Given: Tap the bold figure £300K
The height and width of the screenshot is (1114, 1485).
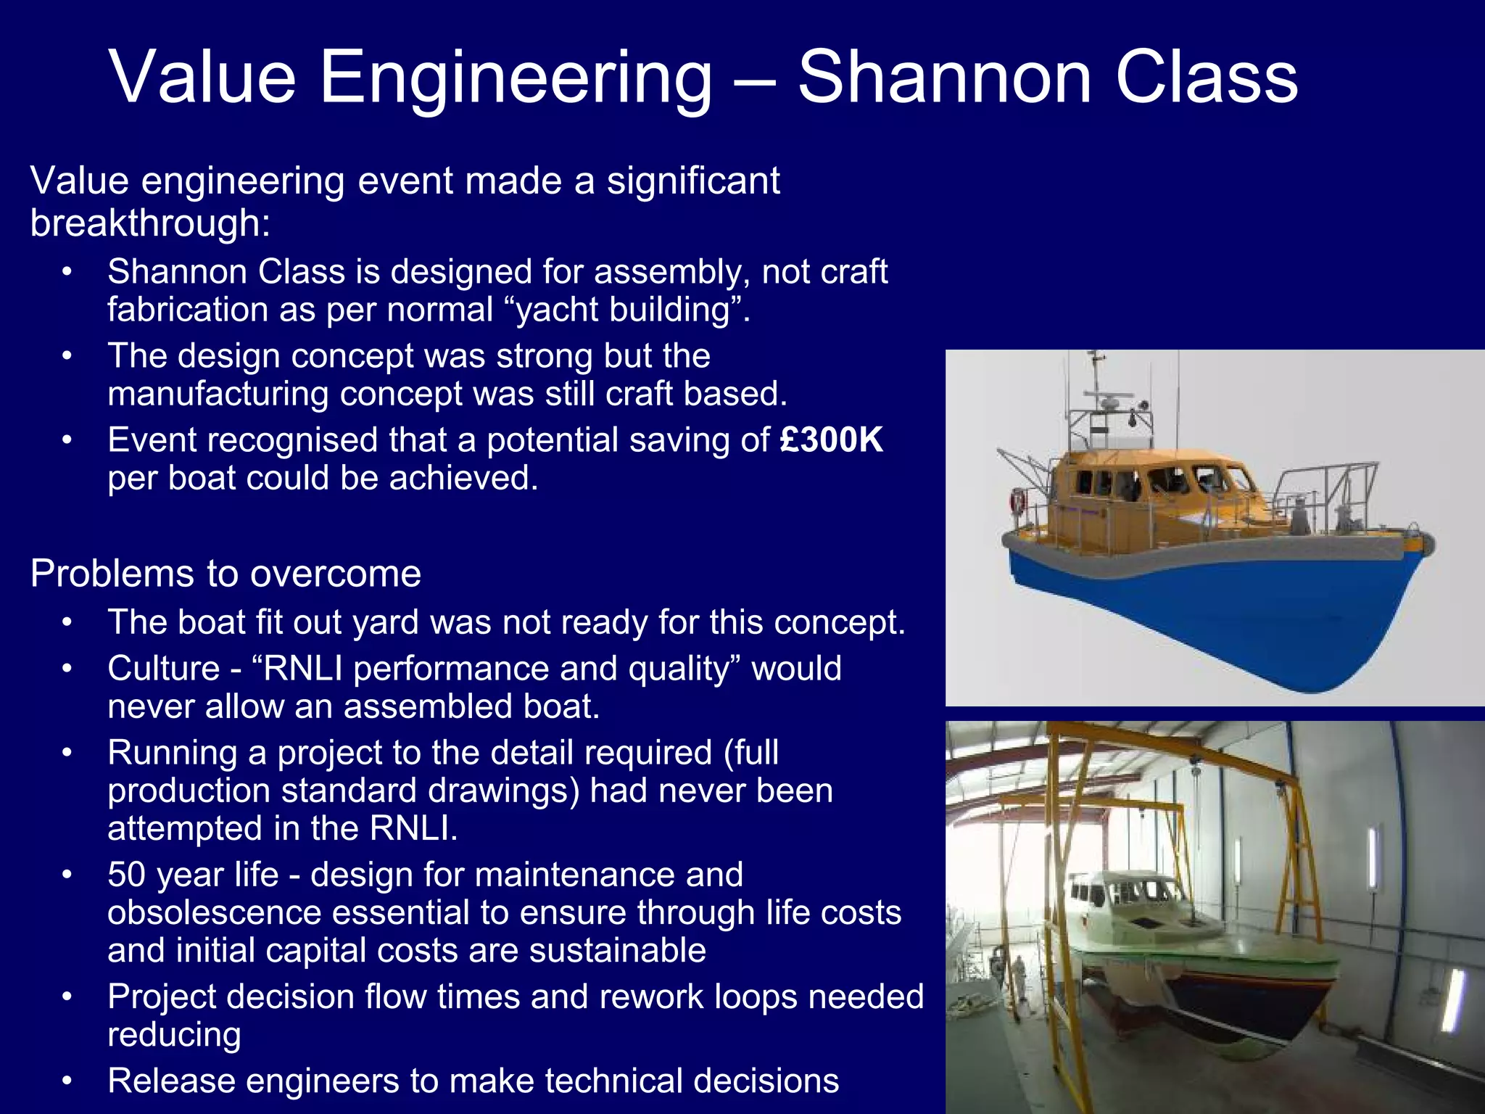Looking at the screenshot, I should (x=831, y=440).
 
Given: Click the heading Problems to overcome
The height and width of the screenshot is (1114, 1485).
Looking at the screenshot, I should (x=226, y=574).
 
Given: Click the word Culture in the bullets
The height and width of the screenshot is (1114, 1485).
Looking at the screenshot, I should (x=163, y=669).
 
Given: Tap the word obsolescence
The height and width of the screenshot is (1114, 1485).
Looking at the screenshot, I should (x=214, y=912).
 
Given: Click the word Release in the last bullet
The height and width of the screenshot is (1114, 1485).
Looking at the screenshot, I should (x=171, y=1081).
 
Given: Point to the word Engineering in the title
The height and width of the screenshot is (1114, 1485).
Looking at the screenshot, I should (x=515, y=78).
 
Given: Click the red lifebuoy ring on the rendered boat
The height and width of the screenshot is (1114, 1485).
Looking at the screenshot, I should (x=1019, y=500).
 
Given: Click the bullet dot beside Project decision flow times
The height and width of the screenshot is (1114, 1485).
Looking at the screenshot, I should (x=67, y=997).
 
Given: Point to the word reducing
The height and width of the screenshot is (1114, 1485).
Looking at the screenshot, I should (x=174, y=1034).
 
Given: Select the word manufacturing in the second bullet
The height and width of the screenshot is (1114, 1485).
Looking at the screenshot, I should (x=218, y=394).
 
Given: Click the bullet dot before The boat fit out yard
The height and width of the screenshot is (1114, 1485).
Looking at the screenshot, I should (x=67, y=622).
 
